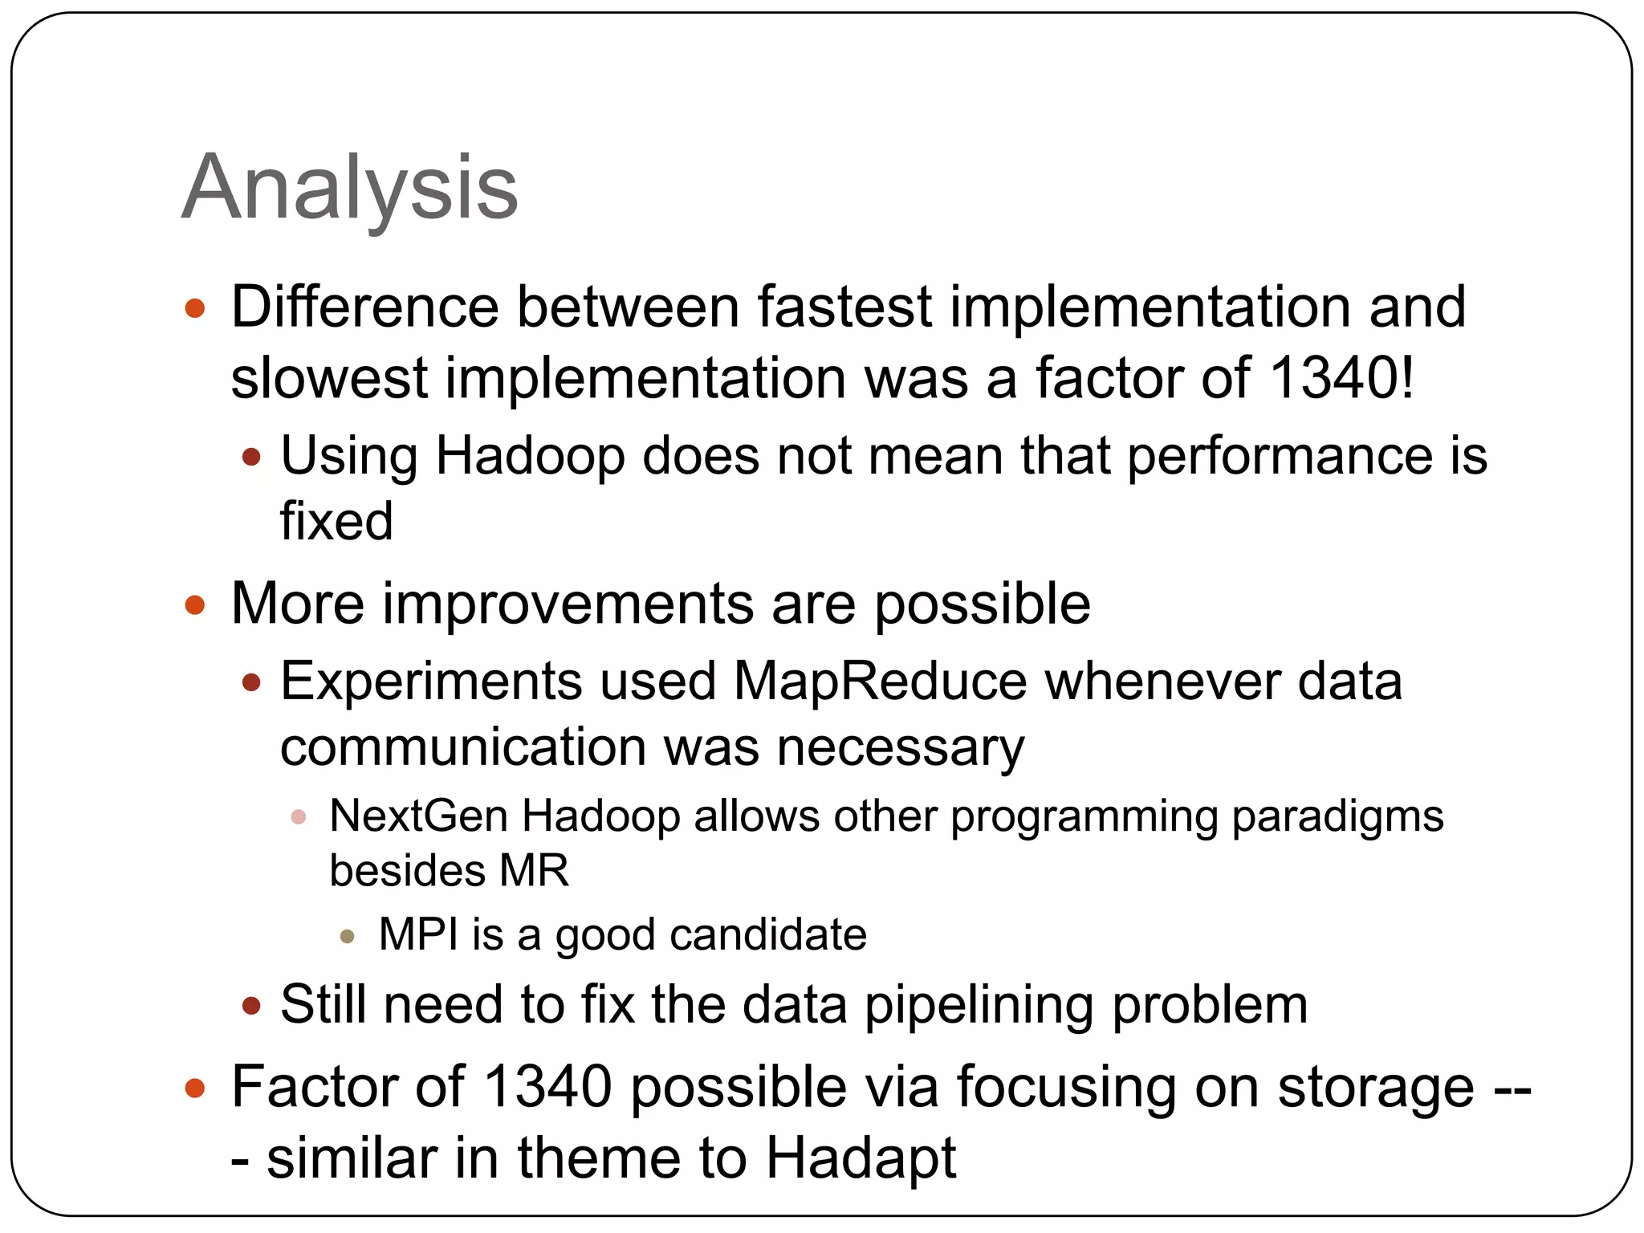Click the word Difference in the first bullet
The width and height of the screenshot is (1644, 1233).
(x=365, y=307)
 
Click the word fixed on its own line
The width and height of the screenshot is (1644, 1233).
(x=336, y=520)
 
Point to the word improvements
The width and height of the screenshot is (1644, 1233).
(x=568, y=604)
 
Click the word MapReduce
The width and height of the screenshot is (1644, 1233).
(x=880, y=682)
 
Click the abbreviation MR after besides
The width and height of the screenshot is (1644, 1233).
(x=534, y=870)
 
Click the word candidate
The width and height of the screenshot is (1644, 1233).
(x=768, y=934)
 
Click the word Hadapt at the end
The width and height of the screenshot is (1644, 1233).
(x=861, y=1158)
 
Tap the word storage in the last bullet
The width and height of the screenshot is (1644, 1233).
(x=1375, y=1087)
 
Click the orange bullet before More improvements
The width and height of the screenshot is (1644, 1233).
(x=195, y=604)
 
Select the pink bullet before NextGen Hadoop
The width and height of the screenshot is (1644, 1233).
(x=299, y=817)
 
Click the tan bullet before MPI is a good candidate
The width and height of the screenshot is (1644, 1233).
(x=348, y=936)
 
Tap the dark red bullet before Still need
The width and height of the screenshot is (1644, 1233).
(x=251, y=1006)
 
